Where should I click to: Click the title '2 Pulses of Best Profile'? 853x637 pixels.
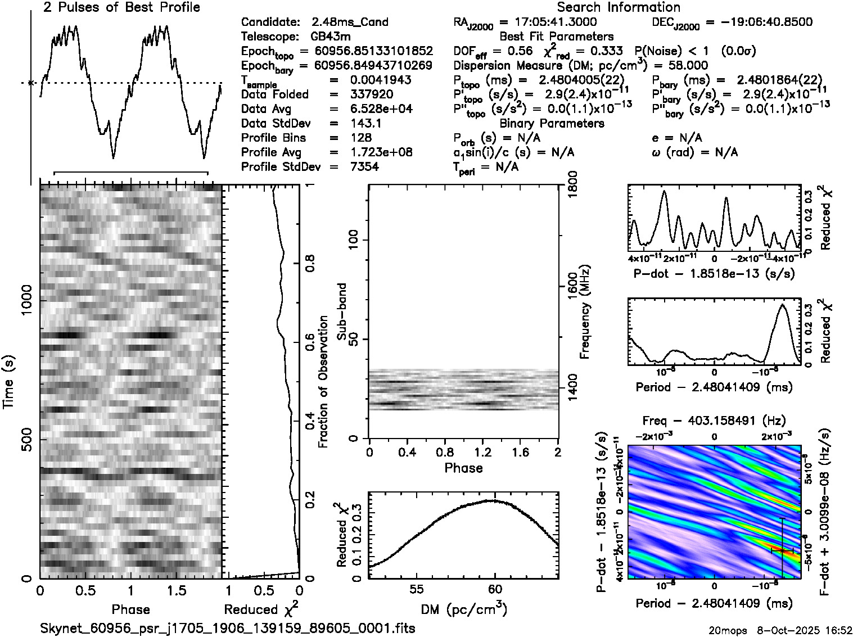(121, 7)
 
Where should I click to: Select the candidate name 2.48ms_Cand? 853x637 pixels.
(349, 22)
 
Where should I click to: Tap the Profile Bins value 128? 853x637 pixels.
(360, 138)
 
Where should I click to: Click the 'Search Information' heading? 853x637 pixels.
(618, 7)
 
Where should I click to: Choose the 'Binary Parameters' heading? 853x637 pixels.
(552, 123)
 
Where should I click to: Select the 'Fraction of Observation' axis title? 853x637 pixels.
(323, 382)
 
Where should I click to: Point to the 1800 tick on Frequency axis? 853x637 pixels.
(571, 184)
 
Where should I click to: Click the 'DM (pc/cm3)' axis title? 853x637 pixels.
(463, 609)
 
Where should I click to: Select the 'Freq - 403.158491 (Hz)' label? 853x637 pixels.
(714, 421)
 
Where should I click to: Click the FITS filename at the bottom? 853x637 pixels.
(228, 628)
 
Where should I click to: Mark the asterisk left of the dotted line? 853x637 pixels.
(31, 83)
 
